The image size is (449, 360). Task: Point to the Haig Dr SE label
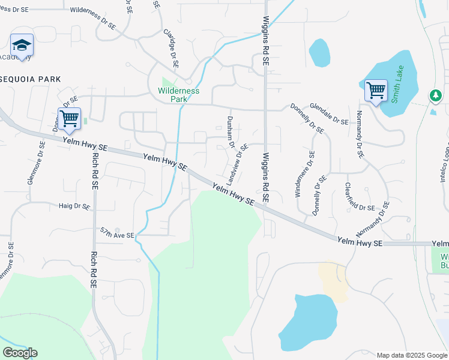pos(74,206)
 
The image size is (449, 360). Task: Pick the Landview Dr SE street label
pos(236,164)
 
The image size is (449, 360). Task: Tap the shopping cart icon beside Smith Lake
pos(376,91)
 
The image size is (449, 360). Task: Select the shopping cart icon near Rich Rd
pos(69,118)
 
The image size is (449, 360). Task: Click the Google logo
pos(20,353)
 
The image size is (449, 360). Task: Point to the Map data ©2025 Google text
pos(411,355)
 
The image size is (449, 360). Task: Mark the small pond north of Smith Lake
pos(319,53)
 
